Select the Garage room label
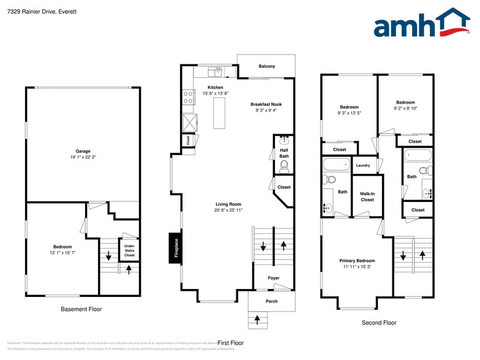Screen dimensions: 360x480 pyautogui.click(x=83, y=151)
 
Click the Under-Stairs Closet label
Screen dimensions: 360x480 pyautogui.click(x=129, y=250)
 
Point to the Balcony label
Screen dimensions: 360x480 pyautogui.click(x=266, y=66)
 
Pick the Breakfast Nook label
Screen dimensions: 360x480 pyautogui.click(x=266, y=104)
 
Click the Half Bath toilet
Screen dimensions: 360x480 pyautogui.click(x=284, y=165)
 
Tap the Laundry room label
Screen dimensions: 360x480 pyautogui.click(x=362, y=165)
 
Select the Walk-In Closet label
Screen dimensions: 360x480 pyautogui.click(x=367, y=196)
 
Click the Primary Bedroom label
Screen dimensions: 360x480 pyautogui.click(x=357, y=260)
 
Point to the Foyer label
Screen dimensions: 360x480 pyautogui.click(x=274, y=278)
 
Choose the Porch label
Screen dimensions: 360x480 pyautogui.click(x=271, y=301)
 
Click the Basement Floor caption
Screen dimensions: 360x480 pyautogui.click(x=81, y=309)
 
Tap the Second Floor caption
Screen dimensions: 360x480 pyautogui.click(x=380, y=323)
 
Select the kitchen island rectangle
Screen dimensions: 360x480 pyautogui.click(x=219, y=113)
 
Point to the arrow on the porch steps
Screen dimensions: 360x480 pyautogui.click(x=257, y=319)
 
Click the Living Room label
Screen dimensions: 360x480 pyautogui.click(x=228, y=204)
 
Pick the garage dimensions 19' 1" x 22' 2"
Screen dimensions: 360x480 pyautogui.click(x=83, y=157)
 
